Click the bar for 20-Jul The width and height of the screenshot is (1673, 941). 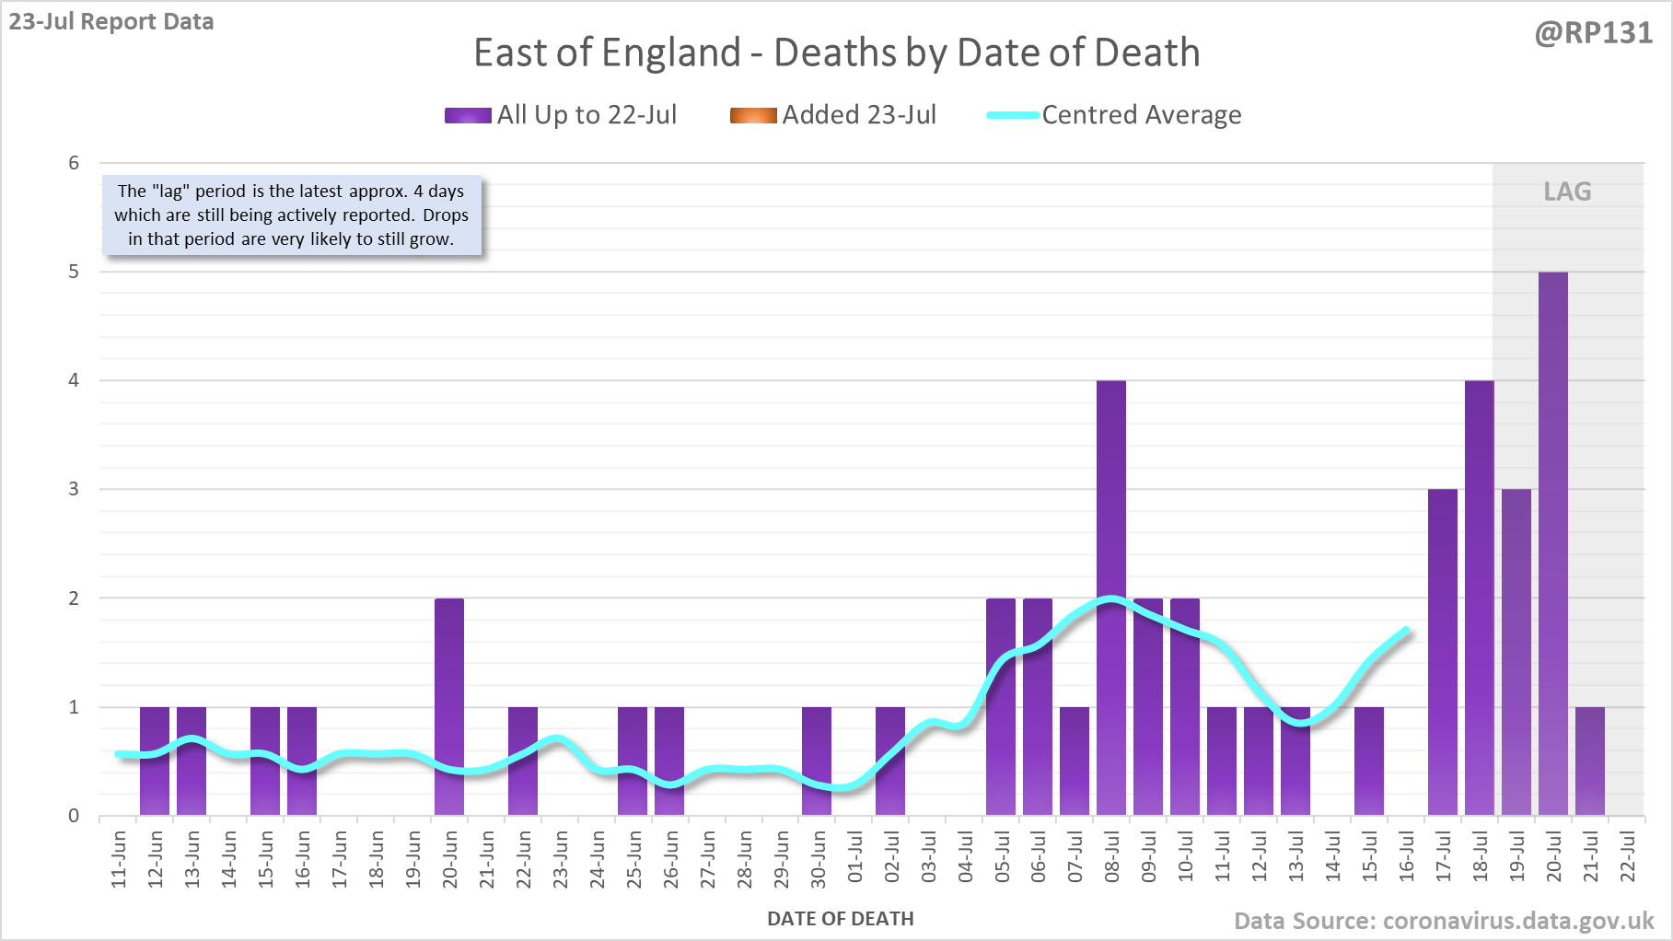(x=1552, y=543)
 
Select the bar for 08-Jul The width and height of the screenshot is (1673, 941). (x=1111, y=598)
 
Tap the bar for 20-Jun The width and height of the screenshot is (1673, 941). (x=449, y=706)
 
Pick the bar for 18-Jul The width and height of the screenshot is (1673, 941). (x=1479, y=598)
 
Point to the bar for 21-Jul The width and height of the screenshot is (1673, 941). (x=1590, y=761)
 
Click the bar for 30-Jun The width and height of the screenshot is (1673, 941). (x=817, y=761)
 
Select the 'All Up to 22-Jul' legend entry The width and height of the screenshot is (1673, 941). (x=561, y=115)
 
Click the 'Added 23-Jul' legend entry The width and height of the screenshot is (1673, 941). (x=833, y=115)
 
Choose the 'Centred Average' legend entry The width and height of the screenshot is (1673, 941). (x=1114, y=115)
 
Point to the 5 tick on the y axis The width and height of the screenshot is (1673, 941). (x=74, y=272)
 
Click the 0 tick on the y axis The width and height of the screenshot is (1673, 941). (x=74, y=816)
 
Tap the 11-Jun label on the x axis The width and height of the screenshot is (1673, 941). (x=119, y=859)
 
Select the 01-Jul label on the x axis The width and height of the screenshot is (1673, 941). (x=854, y=859)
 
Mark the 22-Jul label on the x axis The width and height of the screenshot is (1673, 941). (x=1628, y=859)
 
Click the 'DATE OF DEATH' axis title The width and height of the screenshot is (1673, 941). (x=840, y=919)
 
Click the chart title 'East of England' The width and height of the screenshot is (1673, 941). (x=836, y=52)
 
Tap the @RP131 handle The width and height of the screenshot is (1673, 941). (x=1593, y=33)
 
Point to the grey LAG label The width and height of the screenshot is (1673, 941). (x=1567, y=192)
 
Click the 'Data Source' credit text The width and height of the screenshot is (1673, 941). (x=1444, y=921)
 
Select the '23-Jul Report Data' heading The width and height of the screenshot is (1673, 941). (x=111, y=21)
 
